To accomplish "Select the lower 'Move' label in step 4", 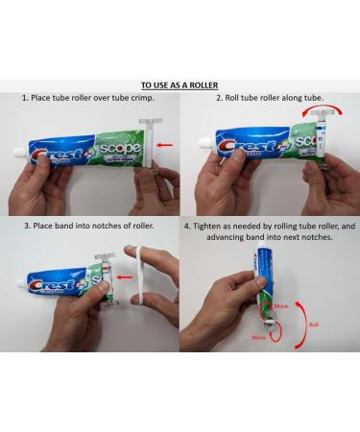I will click(x=257, y=338).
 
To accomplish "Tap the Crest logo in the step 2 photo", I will click(x=243, y=144).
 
